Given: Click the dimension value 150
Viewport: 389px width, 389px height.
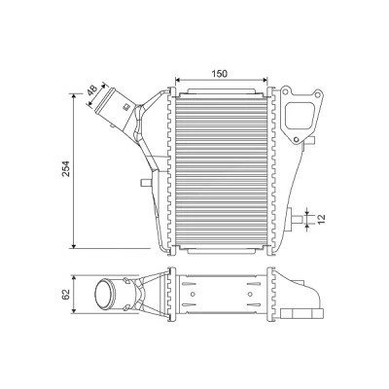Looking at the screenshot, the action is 220,74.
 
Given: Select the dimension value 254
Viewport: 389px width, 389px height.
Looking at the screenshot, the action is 66,168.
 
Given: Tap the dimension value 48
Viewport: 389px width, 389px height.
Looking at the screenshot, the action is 92,89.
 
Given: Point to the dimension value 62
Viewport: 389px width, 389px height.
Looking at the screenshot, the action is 66,295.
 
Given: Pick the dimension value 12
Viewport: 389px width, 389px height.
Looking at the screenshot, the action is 320,220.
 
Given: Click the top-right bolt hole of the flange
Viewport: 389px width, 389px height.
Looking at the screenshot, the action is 318,94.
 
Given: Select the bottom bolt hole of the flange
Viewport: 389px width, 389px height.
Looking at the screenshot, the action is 296,140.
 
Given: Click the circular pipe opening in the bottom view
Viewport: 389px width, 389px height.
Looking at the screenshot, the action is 105,295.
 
